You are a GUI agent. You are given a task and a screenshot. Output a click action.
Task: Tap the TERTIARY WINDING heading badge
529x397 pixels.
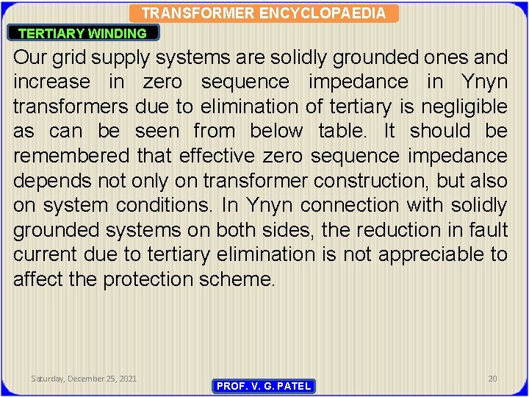click(x=82, y=33)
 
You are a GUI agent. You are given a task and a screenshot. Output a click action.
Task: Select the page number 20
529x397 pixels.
click(x=492, y=379)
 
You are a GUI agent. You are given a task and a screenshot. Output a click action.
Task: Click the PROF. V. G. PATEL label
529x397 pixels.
click(x=264, y=386)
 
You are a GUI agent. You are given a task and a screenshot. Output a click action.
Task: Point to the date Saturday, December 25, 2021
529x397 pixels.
click(x=84, y=379)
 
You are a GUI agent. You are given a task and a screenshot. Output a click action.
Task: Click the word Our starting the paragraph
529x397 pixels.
click(x=30, y=57)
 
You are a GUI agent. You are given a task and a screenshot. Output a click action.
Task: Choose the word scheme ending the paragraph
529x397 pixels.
click(x=240, y=279)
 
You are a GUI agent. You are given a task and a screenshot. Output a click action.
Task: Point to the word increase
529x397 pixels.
click(x=50, y=82)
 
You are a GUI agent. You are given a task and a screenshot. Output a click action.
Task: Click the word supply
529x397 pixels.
click(x=124, y=58)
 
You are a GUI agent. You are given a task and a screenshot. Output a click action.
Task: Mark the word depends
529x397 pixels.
click(x=51, y=181)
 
